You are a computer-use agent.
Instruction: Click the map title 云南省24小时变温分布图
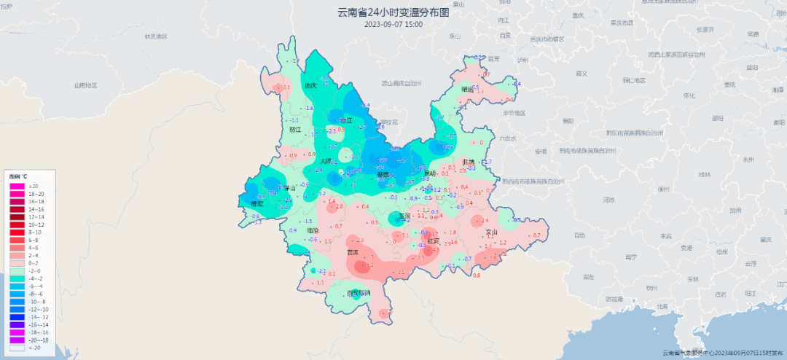(x=393, y=12)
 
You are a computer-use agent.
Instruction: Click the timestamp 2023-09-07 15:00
(x=393, y=24)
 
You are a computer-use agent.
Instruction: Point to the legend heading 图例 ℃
(x=18, y=176)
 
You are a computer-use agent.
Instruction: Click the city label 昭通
(x=467, y=89)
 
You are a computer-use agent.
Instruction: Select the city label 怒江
(x=295, y=130)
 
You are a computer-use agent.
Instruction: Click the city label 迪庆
(x=310, y=85)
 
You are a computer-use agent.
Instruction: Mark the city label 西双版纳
(x=359, y=293)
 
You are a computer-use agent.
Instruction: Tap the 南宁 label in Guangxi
(x=631, y=257)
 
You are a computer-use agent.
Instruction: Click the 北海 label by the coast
(x=662, y=306)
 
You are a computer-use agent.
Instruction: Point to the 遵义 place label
(x=581, y=73)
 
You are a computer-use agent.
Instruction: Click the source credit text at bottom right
(x=721, y=353)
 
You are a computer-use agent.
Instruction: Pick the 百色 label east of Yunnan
(x=579, y=235)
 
